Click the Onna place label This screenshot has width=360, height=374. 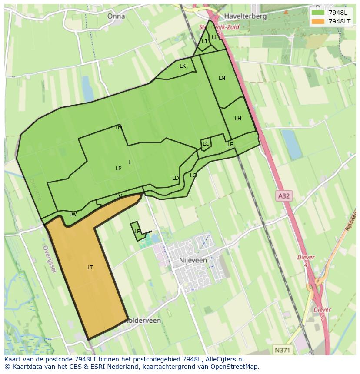tap(116, 16)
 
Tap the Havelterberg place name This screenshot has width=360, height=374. tap(245, 16)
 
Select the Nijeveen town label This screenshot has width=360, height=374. tap(193, 261)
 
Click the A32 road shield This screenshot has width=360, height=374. tap(283, 196)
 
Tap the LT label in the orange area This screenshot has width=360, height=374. tap(90, 268)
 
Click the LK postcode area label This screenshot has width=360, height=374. tap(183, 66)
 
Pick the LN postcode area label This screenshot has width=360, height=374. tap(222, 78)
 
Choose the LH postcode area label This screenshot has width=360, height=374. tap(238, 119)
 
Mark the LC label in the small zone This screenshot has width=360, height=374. tap(206, 144)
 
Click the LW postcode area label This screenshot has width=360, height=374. tap(73, 215)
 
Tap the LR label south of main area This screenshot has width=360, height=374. tap(137, 232)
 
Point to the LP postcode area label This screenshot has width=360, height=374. tap(118, 169)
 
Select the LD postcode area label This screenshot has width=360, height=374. tap(175, 178)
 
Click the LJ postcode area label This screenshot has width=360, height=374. tap(204, 41)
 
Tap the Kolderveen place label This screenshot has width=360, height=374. tap(143, 321)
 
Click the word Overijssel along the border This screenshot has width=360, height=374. tap(50, 259)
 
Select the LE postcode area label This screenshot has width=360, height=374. tap(230, 145)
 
